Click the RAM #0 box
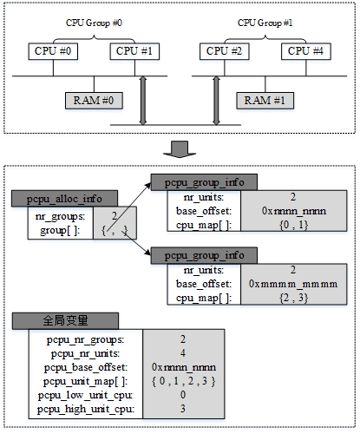coord(96,100)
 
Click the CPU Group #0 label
coord(95,20)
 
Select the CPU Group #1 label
coord(265,20)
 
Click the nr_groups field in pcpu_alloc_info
coord(61,216)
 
